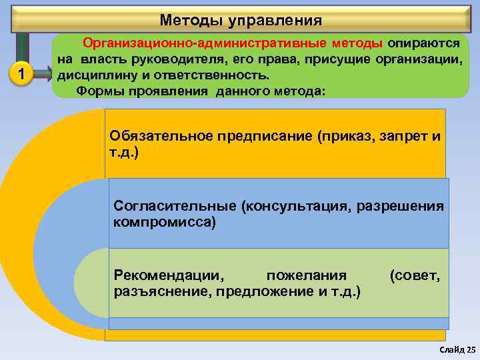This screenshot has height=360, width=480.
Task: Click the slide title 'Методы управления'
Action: point(241,20)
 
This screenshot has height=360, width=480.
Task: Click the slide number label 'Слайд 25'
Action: point(458,349)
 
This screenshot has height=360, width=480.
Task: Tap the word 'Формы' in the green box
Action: point(98,91)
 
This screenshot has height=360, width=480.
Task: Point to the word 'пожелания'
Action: point(306,275)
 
